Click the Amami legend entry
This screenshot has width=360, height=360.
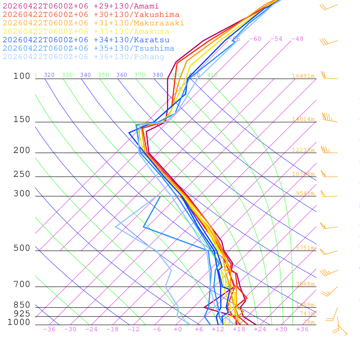(x=81, y=6)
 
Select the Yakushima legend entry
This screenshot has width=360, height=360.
(x=91, y=15)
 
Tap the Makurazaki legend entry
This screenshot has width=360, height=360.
(x=94, y=23)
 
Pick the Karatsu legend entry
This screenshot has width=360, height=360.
(x=86, y=40)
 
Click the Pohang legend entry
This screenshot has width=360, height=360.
(x=84, y=57)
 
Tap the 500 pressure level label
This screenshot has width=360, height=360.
(x=22, y=248)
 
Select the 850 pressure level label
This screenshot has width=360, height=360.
(x=22, y=305)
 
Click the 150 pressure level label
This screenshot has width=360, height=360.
(x=22, y=120)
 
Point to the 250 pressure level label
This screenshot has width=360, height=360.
(x=22, y=174)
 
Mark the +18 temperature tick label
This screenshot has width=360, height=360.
(x=239, y=329)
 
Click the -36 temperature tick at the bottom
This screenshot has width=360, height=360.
(x=49, y=329)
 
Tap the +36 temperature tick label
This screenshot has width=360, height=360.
(x=302, y=329)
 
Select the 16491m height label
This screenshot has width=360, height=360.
(x=303, y=76)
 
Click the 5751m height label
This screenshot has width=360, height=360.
(x=305, y=248)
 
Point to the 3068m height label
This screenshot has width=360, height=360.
(x=305, y=284)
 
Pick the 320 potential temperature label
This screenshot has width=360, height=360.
(x=49, y=75)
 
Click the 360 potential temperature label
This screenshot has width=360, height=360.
(x=122, y=75)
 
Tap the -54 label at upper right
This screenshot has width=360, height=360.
(x=276, y=39)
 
